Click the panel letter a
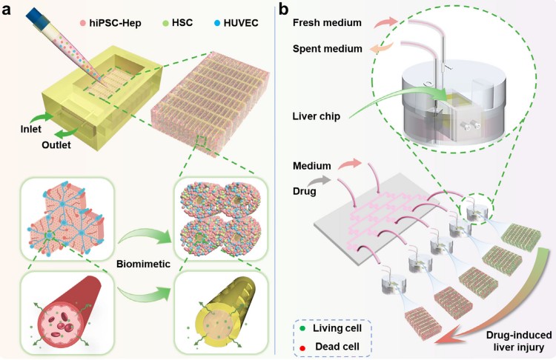[10, 11]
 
